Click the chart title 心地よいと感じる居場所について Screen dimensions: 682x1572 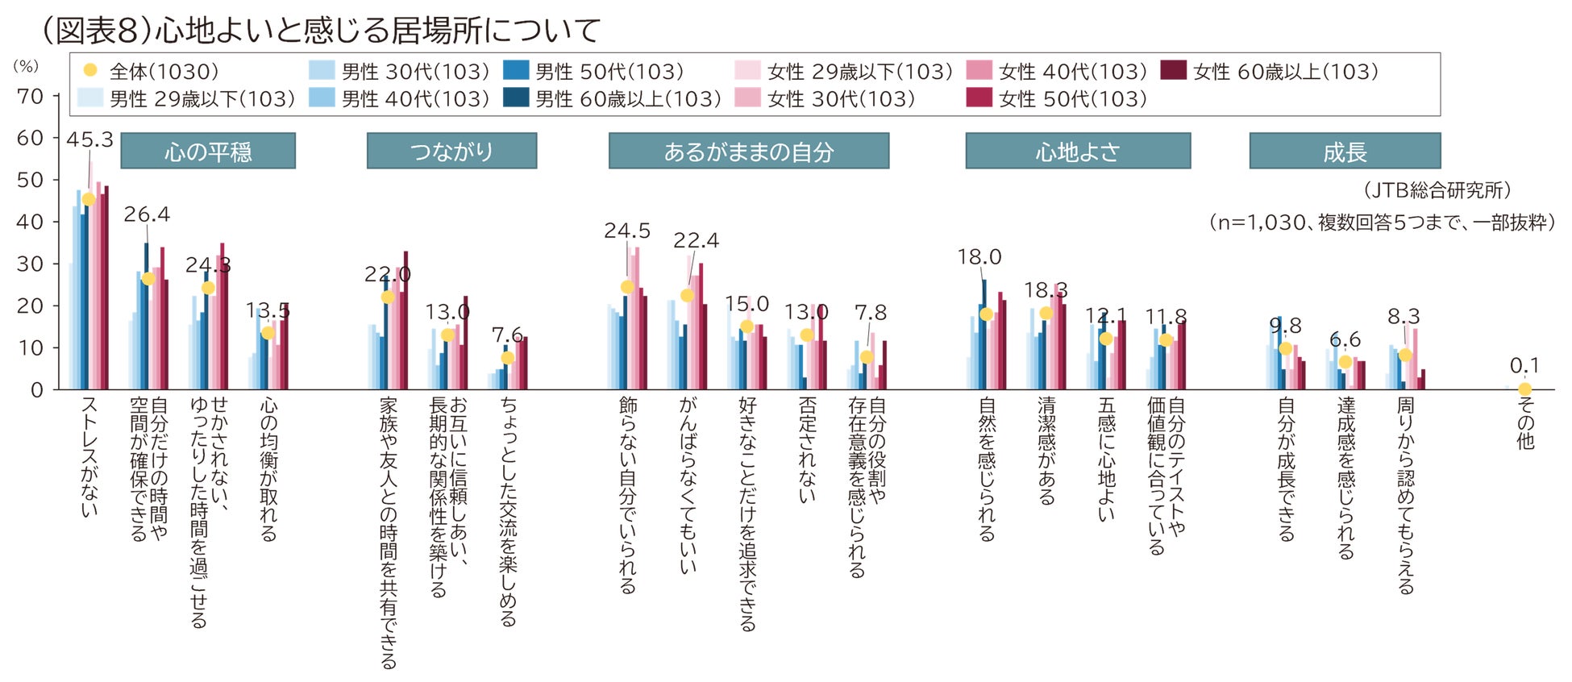coord(321,31)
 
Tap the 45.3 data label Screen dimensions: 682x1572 coord(89,139)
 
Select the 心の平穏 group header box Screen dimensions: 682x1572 coord(208,152)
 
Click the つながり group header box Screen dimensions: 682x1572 coord(451,152)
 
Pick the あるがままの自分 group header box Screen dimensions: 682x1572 coord(748,152)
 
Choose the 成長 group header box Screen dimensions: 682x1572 coord(1344,152)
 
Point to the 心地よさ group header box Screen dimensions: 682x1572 coord(1078,152)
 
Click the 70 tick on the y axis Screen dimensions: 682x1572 coord(31,97)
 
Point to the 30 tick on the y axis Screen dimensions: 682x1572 coord(31,264)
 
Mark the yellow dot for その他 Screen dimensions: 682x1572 coord(1524,389)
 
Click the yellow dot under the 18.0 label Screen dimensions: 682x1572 coord(986,314)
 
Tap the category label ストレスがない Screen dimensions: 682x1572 coord(89,456)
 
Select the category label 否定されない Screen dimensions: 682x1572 coord(807,450)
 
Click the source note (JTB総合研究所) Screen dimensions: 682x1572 coord(1437,190)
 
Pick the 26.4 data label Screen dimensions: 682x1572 coord(147,214)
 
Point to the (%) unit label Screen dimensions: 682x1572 coord(26,66)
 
